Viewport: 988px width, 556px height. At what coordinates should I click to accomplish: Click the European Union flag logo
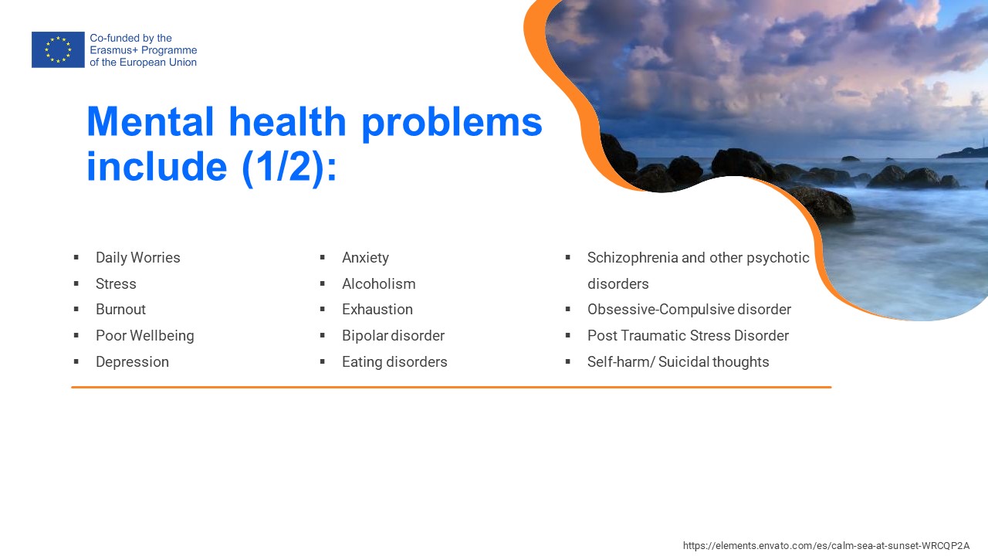(x=58, y=49)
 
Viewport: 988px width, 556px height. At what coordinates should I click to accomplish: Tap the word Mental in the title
(x=151, y=121)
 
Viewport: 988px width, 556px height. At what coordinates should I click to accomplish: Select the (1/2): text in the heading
(x=289, y=167)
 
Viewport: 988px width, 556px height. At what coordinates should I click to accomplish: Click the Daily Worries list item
(x=138, y=258)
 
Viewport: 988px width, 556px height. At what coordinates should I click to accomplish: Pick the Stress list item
(x=116, y=283)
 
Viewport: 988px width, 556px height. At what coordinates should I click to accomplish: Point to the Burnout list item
(x=120, y=310)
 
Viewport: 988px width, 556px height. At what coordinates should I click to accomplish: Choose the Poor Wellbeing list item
(x=144, y=336)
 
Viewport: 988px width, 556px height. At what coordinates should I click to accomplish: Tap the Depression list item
(x=132, y=362)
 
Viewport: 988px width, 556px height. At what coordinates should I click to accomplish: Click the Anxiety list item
(x=365, y=258)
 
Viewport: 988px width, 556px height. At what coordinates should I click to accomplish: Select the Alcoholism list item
(x=378, y=283)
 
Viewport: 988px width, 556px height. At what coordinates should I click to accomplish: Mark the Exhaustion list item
(x=377, y=310)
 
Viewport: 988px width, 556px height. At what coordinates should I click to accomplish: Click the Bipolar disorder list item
(x=393, y=336)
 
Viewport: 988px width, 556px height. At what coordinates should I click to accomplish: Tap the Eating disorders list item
(x=394, y=362)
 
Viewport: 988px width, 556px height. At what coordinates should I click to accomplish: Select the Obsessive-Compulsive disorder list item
(x=689, y=310)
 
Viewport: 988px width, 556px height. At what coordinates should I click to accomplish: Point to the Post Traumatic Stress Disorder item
(x=688, y=336)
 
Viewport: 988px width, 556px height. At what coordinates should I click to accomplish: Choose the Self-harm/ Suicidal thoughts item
(x=678, y=362)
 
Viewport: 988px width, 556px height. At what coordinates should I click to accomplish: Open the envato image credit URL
(x=826, y=545)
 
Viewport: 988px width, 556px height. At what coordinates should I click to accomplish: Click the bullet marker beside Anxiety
(x=323, y=257)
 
